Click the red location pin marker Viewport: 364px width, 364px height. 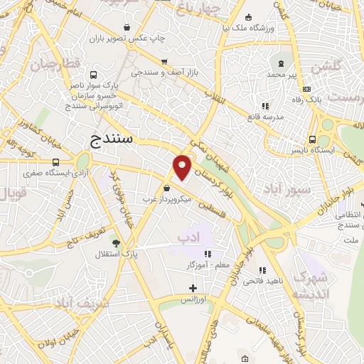click(x=183, y=166)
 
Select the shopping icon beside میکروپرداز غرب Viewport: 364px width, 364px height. click(x=166, y=188)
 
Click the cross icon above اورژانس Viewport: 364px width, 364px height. click(x=193, y=288)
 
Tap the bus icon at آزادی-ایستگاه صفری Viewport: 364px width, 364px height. click(x=56, y=162)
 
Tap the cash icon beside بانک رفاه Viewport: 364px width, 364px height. click(x=306, y=89)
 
